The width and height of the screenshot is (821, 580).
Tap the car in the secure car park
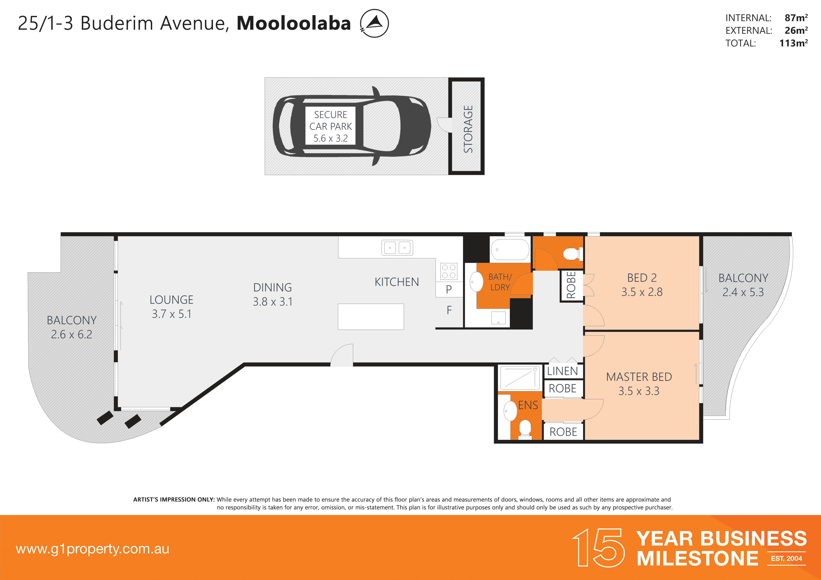[x=352, y=126]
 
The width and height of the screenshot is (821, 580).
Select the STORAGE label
[x=468, y=129]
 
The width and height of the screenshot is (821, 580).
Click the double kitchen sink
[x=397, y=248]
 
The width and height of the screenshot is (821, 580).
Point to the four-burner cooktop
[x=448, y=271]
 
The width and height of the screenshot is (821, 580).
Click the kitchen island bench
[x=371, y=317]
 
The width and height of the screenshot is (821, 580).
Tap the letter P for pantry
[x=449, y=289]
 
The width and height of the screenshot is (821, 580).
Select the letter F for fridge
[x=449, y=310]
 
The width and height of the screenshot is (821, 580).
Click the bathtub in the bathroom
[x=510, y=249]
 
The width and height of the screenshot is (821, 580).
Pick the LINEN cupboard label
[x=562, y=371]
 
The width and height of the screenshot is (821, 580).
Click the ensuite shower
[x=520, y=378]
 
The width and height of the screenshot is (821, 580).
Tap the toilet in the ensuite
[x=525, y=428]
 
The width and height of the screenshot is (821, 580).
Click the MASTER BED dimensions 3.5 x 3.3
[x=639, y=391]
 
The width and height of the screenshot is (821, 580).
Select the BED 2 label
[x=642, y=278]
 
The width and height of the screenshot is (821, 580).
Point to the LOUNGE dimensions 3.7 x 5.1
[x=172, y=314]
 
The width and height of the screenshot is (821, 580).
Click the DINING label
[x=272, y=288]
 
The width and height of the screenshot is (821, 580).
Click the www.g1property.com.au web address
[x=92, y=549]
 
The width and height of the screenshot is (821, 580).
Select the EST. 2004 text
[x=786, y=558]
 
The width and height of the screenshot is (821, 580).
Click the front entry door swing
[x=342, y=355]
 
